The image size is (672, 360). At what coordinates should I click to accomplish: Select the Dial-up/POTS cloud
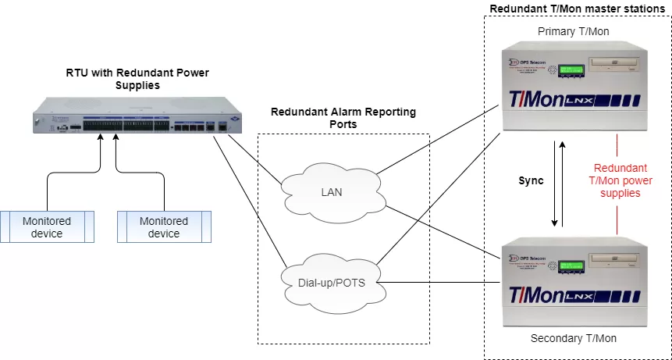point(332,276)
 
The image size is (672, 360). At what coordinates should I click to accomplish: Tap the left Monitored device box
point(47,227)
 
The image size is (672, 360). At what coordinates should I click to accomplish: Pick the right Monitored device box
point(164,227)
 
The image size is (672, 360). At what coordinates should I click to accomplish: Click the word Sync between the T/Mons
point(531,180)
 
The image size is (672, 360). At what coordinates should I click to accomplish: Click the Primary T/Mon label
point(573,31)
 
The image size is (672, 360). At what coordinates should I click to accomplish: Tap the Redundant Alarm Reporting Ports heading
point(343,117)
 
